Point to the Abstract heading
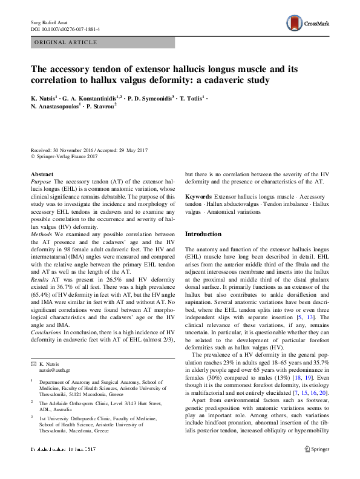[x=42, y=174]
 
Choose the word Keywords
[x=198, y=197]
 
